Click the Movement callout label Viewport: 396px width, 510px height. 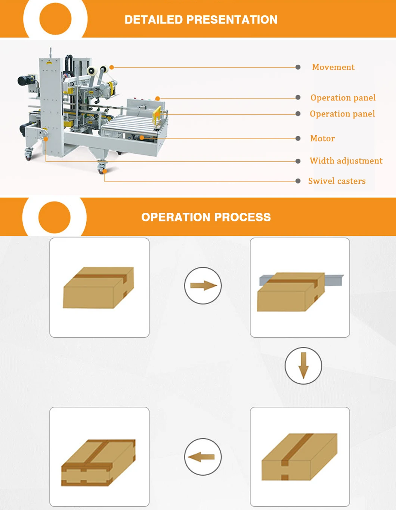pos(333,67)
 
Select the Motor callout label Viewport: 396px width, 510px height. pos(322,139)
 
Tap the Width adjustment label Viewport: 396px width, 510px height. pos(346,161)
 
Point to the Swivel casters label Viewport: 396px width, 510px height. pos(337,181)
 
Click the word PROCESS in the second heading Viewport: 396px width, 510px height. pos(242,217)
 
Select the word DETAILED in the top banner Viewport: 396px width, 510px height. pos(154,20)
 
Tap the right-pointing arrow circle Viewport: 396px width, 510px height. pos(203,286)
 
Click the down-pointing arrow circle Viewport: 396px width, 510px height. pos(303,366)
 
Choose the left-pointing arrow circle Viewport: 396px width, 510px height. pos(203,457)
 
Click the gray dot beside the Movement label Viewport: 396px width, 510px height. pos(298,67)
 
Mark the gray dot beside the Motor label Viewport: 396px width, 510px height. pos(298,139)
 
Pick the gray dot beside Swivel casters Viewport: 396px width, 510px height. pos(298,181)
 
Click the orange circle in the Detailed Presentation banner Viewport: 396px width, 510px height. pos(55,19)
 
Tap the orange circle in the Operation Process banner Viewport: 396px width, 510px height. pos(55,217)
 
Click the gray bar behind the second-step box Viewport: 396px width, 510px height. pos(334,280)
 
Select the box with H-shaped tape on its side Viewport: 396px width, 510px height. pos(98,463)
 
